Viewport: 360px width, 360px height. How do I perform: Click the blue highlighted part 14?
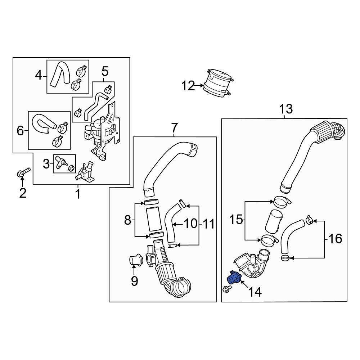pos(233,278)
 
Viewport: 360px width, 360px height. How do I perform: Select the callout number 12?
pos(188,86)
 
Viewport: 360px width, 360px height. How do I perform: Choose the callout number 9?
pos(134,281)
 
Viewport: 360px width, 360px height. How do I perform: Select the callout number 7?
pos(174,127)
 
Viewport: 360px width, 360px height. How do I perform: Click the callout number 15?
pos(236,220)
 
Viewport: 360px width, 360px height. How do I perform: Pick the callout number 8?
pos(127,220)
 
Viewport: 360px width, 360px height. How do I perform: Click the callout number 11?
pos(207,224)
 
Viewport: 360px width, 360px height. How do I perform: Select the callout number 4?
pos(39,76)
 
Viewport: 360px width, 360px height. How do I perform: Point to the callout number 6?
pos(20,131)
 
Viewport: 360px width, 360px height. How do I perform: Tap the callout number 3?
pos(46,164)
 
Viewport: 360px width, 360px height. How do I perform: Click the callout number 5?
pos(105,71)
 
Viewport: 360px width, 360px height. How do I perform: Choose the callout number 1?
pos(78,194)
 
